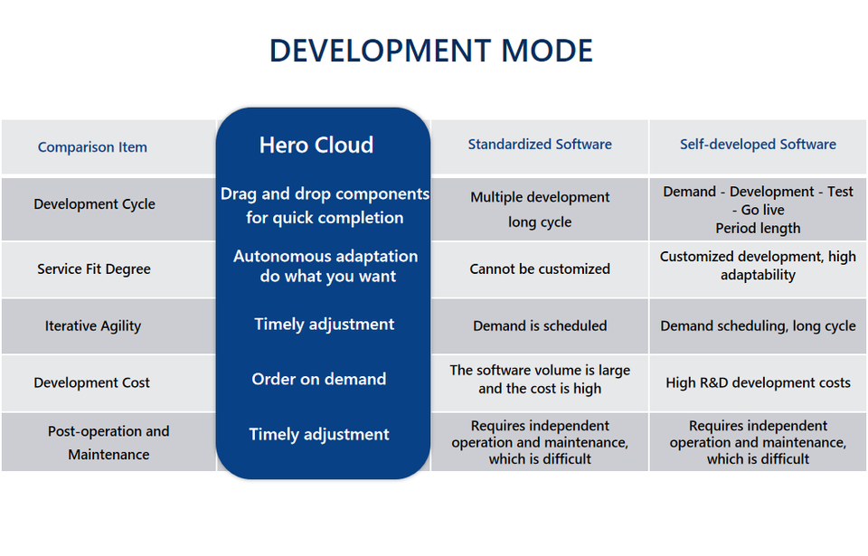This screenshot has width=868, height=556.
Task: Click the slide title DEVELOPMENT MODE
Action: [x=431, y=51]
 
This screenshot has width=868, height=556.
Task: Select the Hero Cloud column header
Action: [x=316, y=146]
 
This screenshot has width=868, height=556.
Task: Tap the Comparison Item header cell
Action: [x=92, y=147]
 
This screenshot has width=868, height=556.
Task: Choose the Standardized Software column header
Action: [x=540, y=145]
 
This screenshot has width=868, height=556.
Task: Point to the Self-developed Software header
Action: [x=758, y=145]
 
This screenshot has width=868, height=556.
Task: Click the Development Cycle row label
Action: [x=94, y=204]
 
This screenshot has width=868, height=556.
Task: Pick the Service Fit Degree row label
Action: [x=94, y=269]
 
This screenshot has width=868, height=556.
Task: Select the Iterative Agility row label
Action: [x=93, y=326]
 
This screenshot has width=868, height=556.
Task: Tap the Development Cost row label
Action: [x=92, y=383]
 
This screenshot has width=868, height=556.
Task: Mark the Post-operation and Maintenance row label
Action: [x=108, y=443]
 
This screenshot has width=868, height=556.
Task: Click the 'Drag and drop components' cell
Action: [x=325, y=206]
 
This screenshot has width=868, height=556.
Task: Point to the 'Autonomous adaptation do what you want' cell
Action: [x=325, y=267]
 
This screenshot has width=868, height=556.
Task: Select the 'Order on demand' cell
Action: [x=319, y=380]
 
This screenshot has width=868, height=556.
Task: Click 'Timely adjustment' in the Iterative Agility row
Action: [x=324, y=325]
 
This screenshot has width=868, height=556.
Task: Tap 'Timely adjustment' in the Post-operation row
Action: [x=319, y=435]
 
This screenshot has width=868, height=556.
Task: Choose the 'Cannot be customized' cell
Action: [x=540, y=269]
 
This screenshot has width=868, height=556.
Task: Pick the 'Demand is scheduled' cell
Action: [x=540, y=326]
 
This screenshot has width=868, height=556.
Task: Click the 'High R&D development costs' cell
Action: [x=758, y=383]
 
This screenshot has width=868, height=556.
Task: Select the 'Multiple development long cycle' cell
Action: [x=540, y=210]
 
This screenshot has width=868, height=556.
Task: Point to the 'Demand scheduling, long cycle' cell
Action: [x=758, y=326]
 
